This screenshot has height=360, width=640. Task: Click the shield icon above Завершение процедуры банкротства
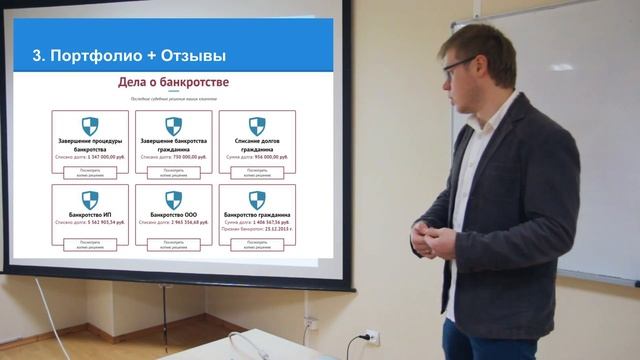point(90,126)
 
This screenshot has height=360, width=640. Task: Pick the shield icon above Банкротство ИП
point(90,200)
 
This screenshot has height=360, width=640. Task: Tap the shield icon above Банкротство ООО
point(173,200)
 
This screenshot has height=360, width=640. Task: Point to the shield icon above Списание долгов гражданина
point(257,126)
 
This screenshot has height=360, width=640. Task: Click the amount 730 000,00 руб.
point(186,157)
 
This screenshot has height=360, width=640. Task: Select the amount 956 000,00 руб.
point(269,157)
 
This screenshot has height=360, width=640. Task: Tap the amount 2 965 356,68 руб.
point(186,222)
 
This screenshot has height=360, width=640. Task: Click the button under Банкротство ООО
point(173,243)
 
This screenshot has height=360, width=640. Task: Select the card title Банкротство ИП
point(90,215)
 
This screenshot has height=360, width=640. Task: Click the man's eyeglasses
point(459,67)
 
